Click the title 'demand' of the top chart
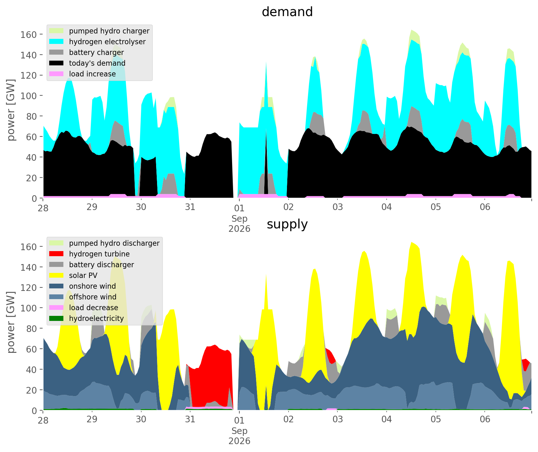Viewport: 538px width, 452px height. [x=287, y=12]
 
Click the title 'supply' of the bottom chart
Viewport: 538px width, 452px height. [x=287, y=224]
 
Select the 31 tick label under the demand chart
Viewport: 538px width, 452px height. [x=190, y=207]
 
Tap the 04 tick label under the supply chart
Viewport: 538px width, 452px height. [x=387, y=419]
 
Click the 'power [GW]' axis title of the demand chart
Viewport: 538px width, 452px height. [x=11, y=110]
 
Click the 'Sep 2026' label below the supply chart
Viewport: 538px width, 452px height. [x=239, y=436]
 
